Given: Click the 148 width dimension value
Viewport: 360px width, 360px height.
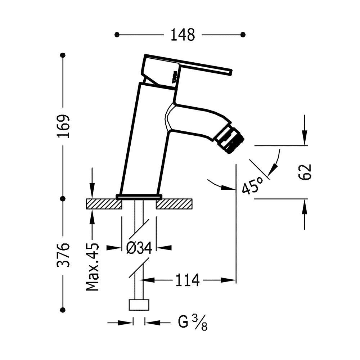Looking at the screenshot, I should click(x=183, y=35).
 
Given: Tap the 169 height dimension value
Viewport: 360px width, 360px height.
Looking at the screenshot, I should click(x=63, y=127).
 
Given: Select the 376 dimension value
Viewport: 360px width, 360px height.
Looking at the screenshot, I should click(x=63, y=255).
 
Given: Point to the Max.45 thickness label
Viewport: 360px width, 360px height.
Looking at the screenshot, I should click(x=93, y=266).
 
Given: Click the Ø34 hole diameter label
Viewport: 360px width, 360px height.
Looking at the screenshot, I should click(x=139, y=248).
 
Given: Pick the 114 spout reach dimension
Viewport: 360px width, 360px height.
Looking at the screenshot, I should click(x=187, y=280).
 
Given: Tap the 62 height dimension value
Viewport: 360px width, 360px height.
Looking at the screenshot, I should click(x=304, y=172).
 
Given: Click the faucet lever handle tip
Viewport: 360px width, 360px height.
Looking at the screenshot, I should click(x=230, y=73).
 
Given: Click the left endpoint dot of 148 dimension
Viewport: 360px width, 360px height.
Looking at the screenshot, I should click(x=117, y=35).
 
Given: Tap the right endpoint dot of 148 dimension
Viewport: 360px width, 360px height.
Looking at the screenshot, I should click(x=243, y=35).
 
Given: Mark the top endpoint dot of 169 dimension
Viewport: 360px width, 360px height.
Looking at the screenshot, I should click(x=63, y=55).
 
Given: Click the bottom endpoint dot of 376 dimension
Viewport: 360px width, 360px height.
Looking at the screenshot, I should click(x=63, y=310).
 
